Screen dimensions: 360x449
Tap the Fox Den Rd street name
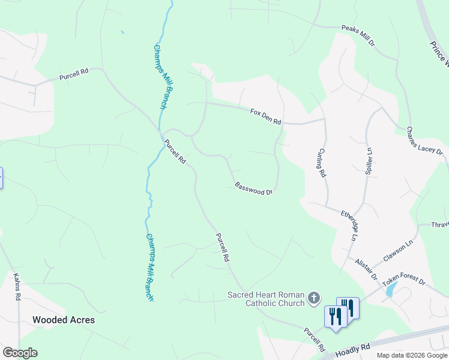[265, 116]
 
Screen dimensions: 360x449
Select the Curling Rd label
[322, 163]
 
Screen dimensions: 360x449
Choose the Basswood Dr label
[254, 188]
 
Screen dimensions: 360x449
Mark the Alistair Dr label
[366, 269]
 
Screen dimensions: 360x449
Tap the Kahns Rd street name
[17, 286]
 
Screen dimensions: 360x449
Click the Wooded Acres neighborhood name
[64, 320]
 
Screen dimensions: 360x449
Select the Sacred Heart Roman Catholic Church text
[266, 299]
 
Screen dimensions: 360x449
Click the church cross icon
[313, 298]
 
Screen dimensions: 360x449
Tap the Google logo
[20, 353]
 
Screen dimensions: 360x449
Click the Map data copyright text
[412, 355]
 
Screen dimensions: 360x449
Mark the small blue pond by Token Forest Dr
[391, 290]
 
